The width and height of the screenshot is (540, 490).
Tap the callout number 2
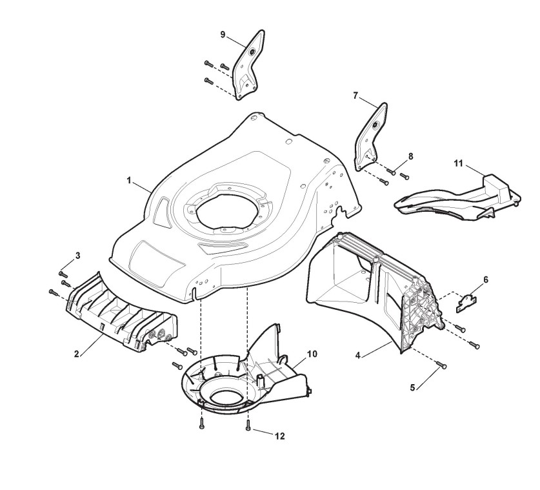[77, 354]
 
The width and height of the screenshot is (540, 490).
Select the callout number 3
[78, 256]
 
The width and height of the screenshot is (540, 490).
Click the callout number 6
[486, 280]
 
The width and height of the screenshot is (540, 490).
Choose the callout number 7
[355, 95]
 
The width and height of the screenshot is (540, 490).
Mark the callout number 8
[410, 156]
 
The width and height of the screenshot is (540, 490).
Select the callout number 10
[312, 354]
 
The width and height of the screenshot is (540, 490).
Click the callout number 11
[459, 164]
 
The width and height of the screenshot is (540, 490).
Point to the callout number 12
[279, 436]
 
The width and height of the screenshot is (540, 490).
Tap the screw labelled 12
[248, 426]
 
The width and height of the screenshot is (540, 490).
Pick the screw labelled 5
[442, 366]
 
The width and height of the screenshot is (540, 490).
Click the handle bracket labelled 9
[249, 65]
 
